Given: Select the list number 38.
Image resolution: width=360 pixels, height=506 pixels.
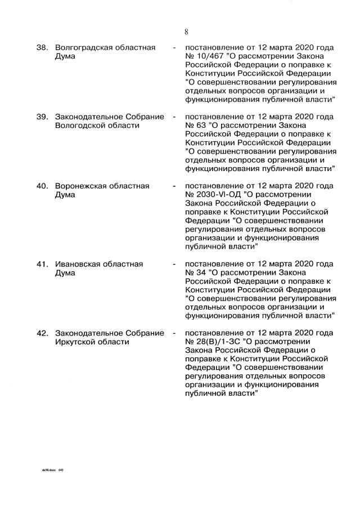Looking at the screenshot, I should click(x=42, y=47).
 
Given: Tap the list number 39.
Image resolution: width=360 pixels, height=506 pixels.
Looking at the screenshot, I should click(x=42, y=117).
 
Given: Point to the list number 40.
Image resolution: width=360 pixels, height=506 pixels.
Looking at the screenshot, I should click(x=42, y=186).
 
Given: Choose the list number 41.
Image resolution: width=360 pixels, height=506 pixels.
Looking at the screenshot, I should click(x=42, y=264).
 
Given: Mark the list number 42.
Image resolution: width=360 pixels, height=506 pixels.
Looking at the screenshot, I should click(x=42, y=333).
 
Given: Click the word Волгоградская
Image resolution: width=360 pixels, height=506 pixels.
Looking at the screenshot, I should click(x=84, y=47).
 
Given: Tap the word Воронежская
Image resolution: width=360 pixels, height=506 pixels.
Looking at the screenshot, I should click(x=80, y=186).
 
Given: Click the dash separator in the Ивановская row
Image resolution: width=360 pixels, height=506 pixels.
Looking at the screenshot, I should click(x=174, y=264).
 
